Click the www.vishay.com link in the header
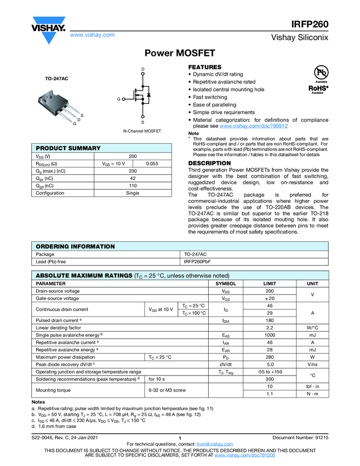pyautogui.click(x=92, y=35)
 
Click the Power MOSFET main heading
pyautogui.click(x=179, y=54)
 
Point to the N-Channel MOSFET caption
pyautogui.click(x=142, y=132)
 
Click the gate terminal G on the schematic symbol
pyautogui.click(x=118, y=99)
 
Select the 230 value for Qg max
pyautogui.click(x=133, y=171)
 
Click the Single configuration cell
pyautogui.click(x=133, y=193)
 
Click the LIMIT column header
pyautogui.click(x=269, y=283)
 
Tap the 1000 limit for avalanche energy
pyautogui.click(x=269, y=334)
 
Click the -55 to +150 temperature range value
pyautogui.click(x=269, y=372)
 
